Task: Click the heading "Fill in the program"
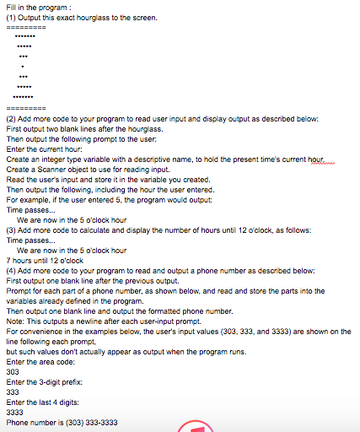(34, 7)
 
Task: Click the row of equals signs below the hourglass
(26, 109)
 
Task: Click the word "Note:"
(15, 321)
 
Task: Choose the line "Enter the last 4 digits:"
(42, 402)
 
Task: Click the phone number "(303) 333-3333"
(85, 422)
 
